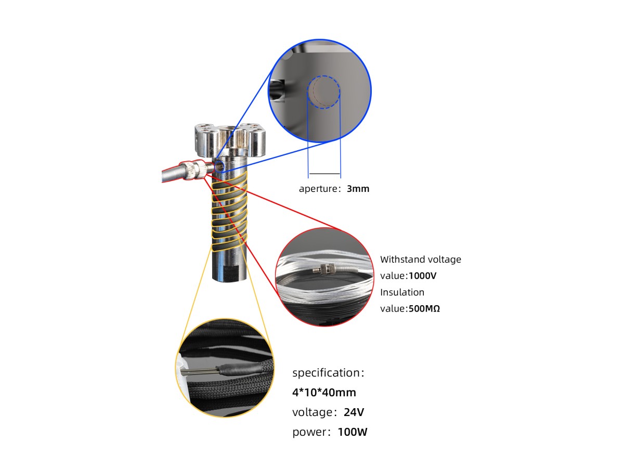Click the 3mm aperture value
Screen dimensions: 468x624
pos(358,189)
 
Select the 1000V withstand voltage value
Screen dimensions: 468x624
pos(423,276)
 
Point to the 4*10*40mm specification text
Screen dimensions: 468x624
pos(324,392)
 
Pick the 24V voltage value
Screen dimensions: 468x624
pos(354,412)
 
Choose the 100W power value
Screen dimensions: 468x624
pos(353,432)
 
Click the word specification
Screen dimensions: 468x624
pos(326,373)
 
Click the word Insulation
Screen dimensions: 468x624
pos(402,292)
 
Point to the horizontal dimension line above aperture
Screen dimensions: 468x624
pos(324,173)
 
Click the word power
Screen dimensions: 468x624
pos(309,432)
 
